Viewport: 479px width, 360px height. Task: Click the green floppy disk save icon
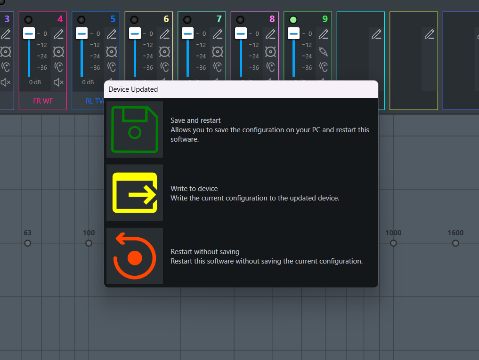click(134, 129)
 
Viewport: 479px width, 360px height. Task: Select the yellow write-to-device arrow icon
click(135, 192)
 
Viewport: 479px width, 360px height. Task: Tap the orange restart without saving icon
click(134, 256)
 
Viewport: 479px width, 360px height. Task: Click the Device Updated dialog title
click(133, 89)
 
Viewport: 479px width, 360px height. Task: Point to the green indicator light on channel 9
click(293, 20)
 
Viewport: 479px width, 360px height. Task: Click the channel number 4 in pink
click(60, 19)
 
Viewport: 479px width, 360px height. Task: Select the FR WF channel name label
click(43, 101)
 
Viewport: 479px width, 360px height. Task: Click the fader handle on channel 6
click(135, 33)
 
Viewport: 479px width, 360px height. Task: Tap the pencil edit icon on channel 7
click(218, 34)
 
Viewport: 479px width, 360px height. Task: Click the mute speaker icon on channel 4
click(58, 82)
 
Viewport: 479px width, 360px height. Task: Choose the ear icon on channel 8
click(270, 67)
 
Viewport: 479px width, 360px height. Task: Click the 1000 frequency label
click(393, 232)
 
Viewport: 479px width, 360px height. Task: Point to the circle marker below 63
click(27, 243)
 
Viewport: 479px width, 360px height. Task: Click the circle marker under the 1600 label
click(455, 243)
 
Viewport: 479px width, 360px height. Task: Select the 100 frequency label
click(89, 232)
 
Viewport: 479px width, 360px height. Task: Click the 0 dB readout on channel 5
click(88, 82)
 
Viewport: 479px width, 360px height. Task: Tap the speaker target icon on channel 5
click(112, 52)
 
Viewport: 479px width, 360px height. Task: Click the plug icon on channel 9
click(323, 52)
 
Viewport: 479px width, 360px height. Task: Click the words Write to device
click(195, 189)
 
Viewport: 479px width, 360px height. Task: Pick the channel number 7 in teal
click(219, 19)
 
